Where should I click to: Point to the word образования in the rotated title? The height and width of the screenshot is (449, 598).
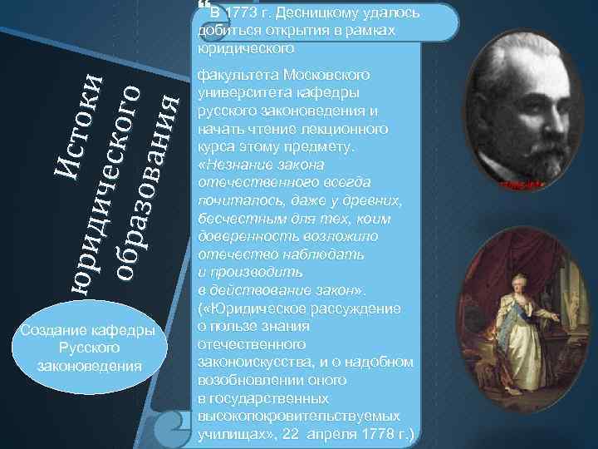[x=146, y=183]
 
